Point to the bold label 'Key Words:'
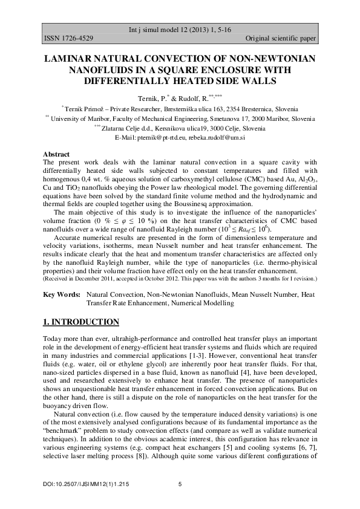[62, 294]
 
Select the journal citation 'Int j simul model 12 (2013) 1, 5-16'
[180, 30]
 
